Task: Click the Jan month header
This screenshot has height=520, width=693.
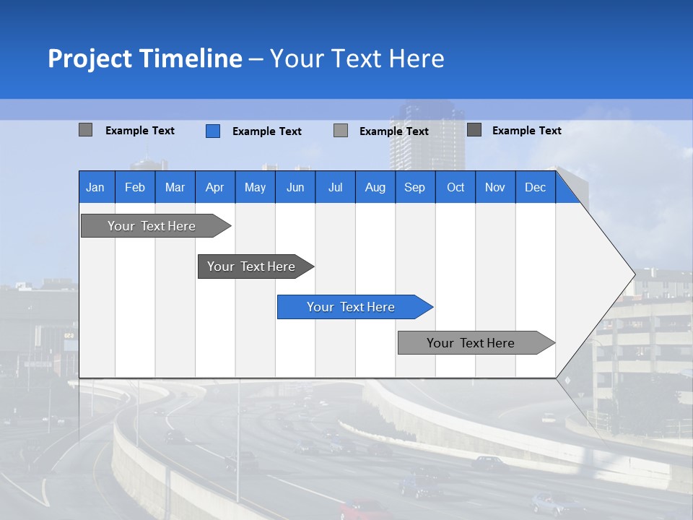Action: point(95,187)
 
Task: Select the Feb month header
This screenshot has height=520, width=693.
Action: point(135,187)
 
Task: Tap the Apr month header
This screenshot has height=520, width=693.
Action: point(215,187)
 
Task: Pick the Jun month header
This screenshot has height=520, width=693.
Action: point(295,187)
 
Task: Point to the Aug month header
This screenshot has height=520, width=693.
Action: point(375,187)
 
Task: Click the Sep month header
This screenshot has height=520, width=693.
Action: point(415,187)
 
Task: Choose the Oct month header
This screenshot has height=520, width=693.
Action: point(456,187)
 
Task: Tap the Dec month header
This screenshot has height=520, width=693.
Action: point(536,187)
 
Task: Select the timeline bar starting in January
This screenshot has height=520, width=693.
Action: point(152,226)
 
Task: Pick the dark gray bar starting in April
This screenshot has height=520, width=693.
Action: point(252,266)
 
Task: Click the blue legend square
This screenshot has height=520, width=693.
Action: point(213,131)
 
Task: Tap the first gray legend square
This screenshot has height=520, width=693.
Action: point(86,130)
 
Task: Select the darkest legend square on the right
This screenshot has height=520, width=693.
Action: point(474,130)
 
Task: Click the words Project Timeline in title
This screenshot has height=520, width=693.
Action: point(145,58)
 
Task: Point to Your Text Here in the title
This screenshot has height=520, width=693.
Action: point(357,58)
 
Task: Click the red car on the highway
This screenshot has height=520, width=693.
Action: point(365,510)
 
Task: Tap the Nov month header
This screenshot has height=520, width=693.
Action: point(495,187)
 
